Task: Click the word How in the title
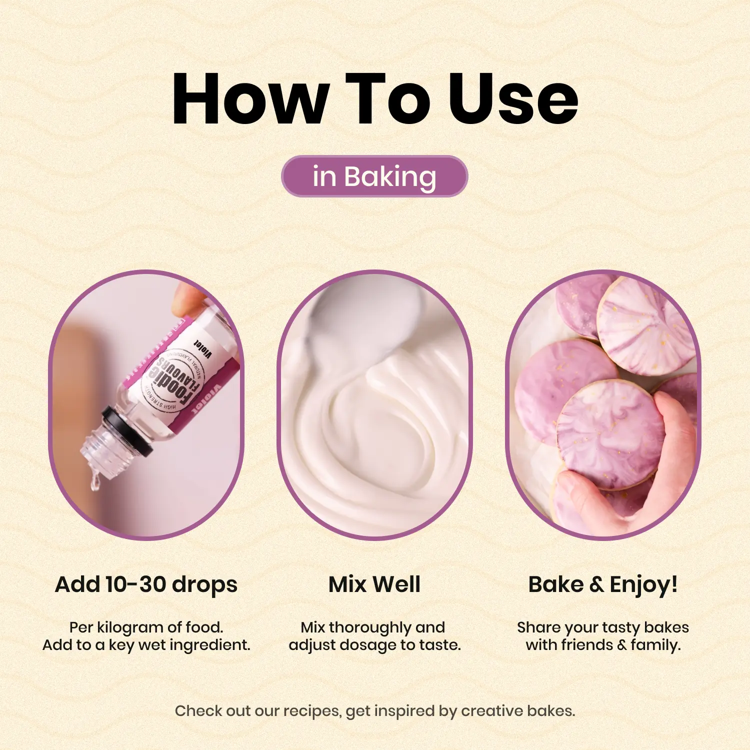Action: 250,98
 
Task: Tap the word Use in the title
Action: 513,98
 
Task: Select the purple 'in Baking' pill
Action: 374,176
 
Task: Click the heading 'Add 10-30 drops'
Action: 146,584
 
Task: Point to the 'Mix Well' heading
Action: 374,584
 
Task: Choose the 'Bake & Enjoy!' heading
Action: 603,585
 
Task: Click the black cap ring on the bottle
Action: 127,431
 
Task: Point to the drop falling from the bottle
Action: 94,482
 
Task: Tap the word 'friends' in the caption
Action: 586,645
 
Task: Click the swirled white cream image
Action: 374,405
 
